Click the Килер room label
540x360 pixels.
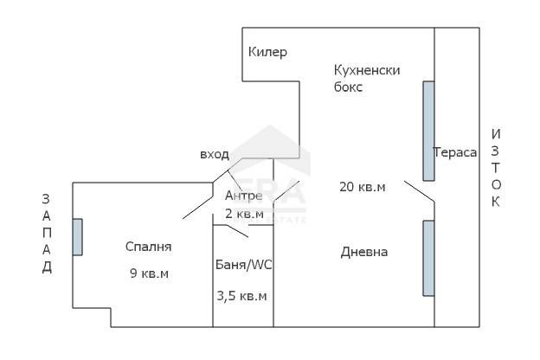pos(267,52)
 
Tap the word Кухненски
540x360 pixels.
pos(367,70)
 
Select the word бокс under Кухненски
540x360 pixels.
pos(349,87)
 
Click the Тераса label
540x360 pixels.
pos(455,152)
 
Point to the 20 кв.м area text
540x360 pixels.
pos(362,186)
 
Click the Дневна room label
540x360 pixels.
pos(364,252)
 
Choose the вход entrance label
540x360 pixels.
pos(215,155)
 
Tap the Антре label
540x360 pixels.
pos(243,196)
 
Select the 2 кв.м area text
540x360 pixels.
pos(243,213)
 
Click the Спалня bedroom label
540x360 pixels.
pos(148,247)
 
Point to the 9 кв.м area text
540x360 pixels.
pos(148,274)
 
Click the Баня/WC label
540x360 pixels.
pos(243,265)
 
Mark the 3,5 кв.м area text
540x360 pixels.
pos(242,296)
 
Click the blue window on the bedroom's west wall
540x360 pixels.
pos(78,236)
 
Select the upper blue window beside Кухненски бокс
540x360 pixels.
pos(428,130)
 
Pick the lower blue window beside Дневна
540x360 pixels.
pos(428,258)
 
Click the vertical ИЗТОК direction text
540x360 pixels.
pos(496,168)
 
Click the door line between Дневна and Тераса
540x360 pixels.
pos(419,192)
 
